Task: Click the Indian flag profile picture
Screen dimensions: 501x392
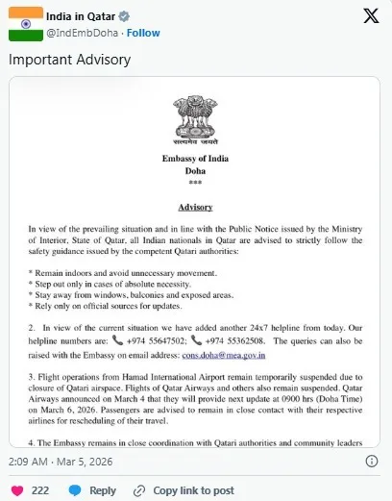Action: click(26, 23)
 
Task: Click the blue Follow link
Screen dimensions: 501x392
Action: click(143, 33)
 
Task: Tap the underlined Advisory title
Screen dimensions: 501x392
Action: click(195, 207)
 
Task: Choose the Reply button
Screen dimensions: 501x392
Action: click(94, 489)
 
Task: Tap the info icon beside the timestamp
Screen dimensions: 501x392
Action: click(372, 462)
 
